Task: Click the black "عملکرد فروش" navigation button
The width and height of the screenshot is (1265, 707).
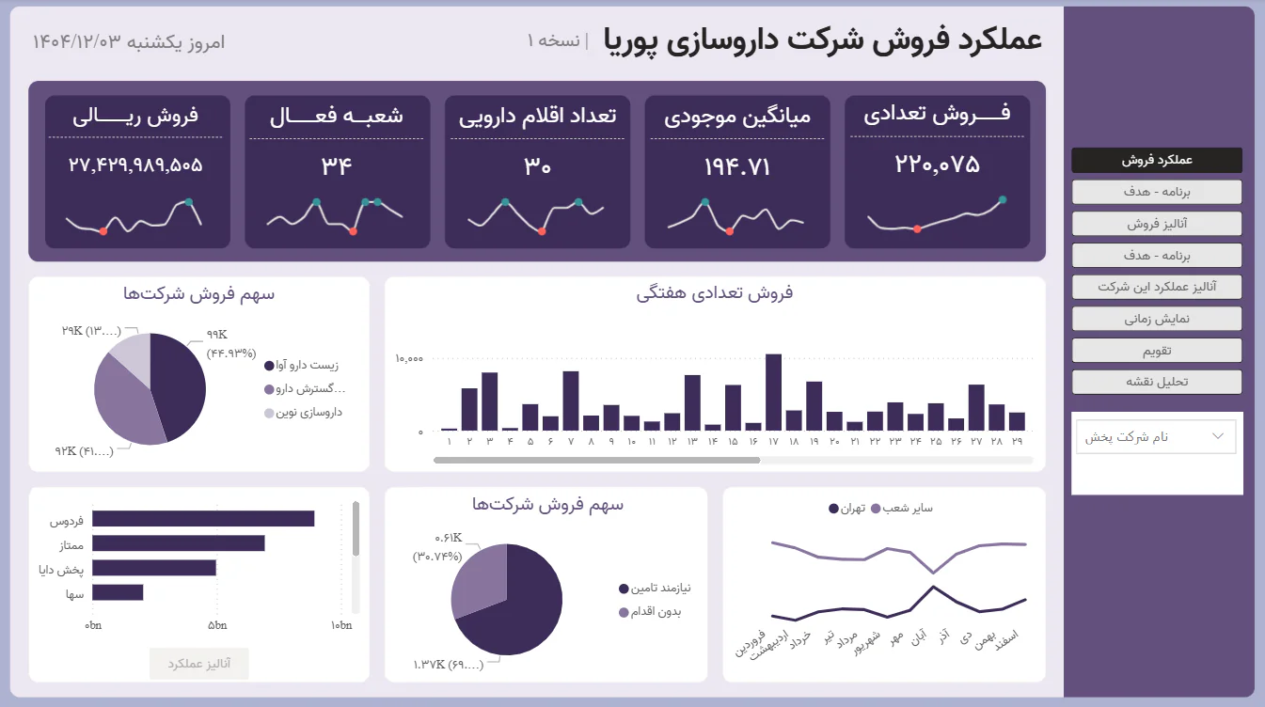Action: (x=1156, y=160)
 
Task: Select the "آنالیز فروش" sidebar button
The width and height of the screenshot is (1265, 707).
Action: (x=1156, y=224)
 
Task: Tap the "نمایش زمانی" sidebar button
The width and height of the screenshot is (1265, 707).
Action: (x=1156, y=319)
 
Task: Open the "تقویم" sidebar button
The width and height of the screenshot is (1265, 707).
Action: (x=1156, y=351)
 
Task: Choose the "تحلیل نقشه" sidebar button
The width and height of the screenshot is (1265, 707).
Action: (x=1156, y=382)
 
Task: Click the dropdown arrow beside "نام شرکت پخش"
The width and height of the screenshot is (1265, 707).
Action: (x=1219, y=436)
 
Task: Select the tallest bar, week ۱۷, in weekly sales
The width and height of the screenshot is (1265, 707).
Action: (x=773, y=392)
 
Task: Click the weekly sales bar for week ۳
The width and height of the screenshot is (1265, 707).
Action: (x=489, y=401)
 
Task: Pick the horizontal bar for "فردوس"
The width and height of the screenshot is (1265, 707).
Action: (x=203, y=519)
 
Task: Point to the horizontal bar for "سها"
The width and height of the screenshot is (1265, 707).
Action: (x=118, y=592)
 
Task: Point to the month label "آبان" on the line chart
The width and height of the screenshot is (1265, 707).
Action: (x=916, y=638)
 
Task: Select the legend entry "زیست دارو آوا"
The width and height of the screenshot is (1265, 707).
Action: (x=307, y=366)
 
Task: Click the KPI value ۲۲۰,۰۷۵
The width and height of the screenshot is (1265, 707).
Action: (x=937, y=165)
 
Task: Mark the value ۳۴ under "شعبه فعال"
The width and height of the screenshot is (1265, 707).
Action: (x=337, y=166)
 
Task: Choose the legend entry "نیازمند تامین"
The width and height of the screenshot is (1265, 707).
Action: (x=659, y=589)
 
